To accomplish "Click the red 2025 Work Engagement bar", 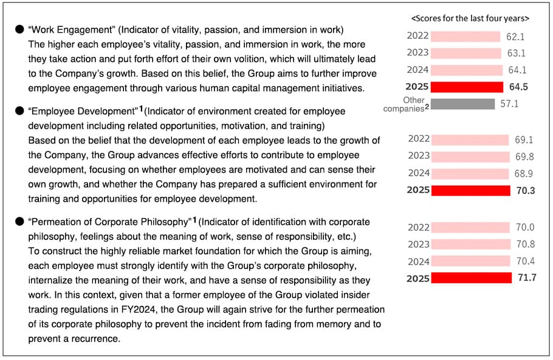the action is click(x=467, y=87).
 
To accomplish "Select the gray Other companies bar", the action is click(x=462, y=104).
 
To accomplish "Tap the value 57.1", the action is click(x=509, y=104).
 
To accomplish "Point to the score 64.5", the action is click(x=518, y=87).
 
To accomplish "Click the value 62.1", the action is click(x=515, y=36).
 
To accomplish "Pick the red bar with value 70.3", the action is click(x=471, y=190).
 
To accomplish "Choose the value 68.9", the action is click(x=524, y=174).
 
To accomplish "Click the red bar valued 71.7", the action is click(x=471, y=278).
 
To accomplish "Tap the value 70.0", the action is click(x=525, y=227).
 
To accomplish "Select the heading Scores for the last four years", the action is click(x=470, y=18).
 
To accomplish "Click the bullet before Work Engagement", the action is click(x=19, y=29).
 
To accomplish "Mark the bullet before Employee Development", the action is click(x=19, y=111).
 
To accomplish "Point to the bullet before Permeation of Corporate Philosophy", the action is click(x=19, y=221).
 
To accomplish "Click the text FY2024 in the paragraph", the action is click(x=139, y=310).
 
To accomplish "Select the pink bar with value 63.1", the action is click(x=466, y=54).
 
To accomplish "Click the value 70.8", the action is click(x=526, y=244).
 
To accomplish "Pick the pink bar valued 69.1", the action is click(x=470, y=140).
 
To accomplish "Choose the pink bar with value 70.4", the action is click(x=470, y=261).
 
